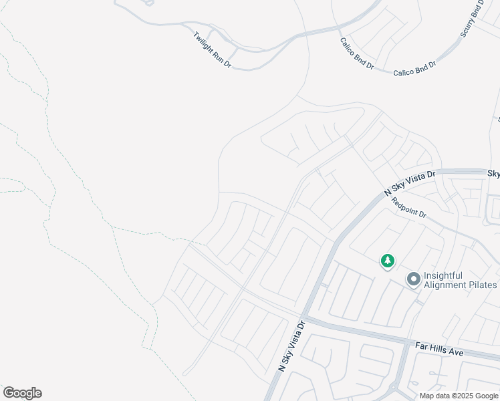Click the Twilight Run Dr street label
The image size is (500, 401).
click(x=211, y=50)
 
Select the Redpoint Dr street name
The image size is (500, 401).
click(x=408, y=208)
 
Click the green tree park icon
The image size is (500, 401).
click(x=388, y=261)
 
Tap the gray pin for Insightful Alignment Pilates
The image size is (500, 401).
click(x=413, y=279)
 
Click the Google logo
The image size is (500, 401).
click(x=22, y=393)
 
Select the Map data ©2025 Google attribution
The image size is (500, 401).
click(x=458, y=396)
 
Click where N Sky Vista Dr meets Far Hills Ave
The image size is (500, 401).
click(x=303, y=319)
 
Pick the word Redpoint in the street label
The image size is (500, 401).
click(x=404, y=205)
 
